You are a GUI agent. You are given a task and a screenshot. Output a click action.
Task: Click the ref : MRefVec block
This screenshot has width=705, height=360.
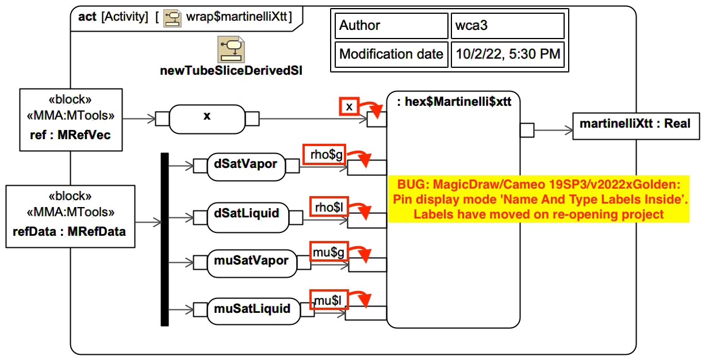71,119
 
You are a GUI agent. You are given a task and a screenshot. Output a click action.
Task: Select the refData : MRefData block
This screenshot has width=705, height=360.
70,216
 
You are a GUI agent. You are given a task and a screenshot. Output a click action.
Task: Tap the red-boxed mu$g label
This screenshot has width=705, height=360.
329,251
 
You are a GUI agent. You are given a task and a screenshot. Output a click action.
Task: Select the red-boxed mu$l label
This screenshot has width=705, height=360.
329,300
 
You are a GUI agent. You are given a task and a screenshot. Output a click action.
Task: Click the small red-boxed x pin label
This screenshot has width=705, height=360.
349,106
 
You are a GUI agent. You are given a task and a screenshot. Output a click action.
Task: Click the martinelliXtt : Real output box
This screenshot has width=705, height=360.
636,124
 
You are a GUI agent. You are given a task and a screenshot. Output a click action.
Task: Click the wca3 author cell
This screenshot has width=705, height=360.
506,26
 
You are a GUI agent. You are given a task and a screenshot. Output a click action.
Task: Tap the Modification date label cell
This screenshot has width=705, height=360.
391,55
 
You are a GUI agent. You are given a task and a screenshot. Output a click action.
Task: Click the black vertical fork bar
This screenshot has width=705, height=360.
164,239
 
